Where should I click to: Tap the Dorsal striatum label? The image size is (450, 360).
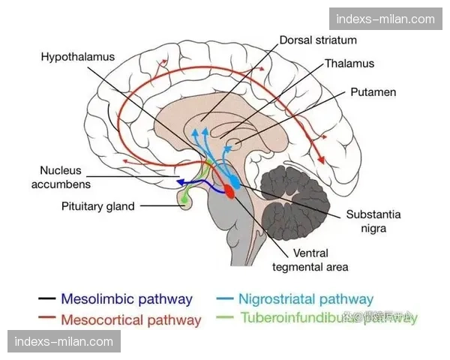pyautogui.click(x=318, y=40)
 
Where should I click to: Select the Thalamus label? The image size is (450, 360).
pyautogui.click(x=349, y=64)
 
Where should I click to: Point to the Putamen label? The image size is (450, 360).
pyautogui.click(x=373, y=92)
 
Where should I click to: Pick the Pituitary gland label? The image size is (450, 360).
pyautogui.click(x=99, y=206)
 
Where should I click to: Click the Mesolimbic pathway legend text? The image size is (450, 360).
pyautogui.click(x=127, y=299)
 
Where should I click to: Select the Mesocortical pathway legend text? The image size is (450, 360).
pyautogui.click(x=131, y=320)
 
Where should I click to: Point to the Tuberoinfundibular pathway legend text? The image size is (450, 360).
pyautogui.click(x=326, y=317)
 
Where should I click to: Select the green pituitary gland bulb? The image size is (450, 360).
pyautogui.click(x=184, y=198)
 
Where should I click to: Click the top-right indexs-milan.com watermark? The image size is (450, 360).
pyautogui.click(x=385, y=19)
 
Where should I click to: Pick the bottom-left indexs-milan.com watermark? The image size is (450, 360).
pyautogui.click(x=65, y=342)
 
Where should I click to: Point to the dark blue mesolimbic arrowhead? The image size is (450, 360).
pyautogui.click(x=178, y=182)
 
